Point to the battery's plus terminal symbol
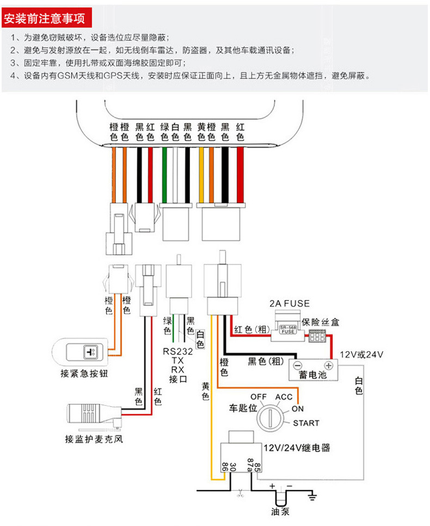point(329,365)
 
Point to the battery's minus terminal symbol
point(298,365)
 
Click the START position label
point(306,423)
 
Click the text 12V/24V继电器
point(297,448)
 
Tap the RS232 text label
point(177,351)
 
